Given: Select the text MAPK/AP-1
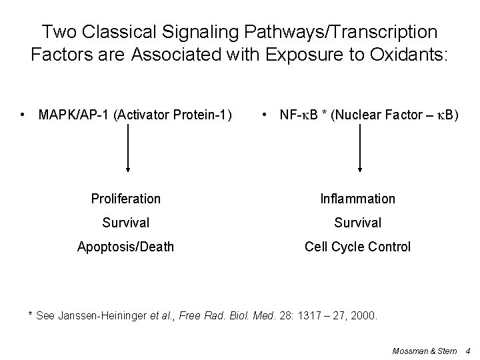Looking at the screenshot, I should [x=74, y=115].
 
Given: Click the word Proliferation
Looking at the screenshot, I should [x=126, y=199].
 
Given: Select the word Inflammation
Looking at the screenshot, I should [x=357, y=199].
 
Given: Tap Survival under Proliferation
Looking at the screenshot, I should [x=126, y=223].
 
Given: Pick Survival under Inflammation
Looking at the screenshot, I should [x=357, y=223].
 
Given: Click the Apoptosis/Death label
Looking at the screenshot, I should [x=126, y=247].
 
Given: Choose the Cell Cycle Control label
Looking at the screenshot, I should [x=357, y=247].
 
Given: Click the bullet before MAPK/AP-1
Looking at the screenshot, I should [x=24, y=115].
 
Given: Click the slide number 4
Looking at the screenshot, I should [x=468, y=349].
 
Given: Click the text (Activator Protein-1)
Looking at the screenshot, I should [x=173, y=115].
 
